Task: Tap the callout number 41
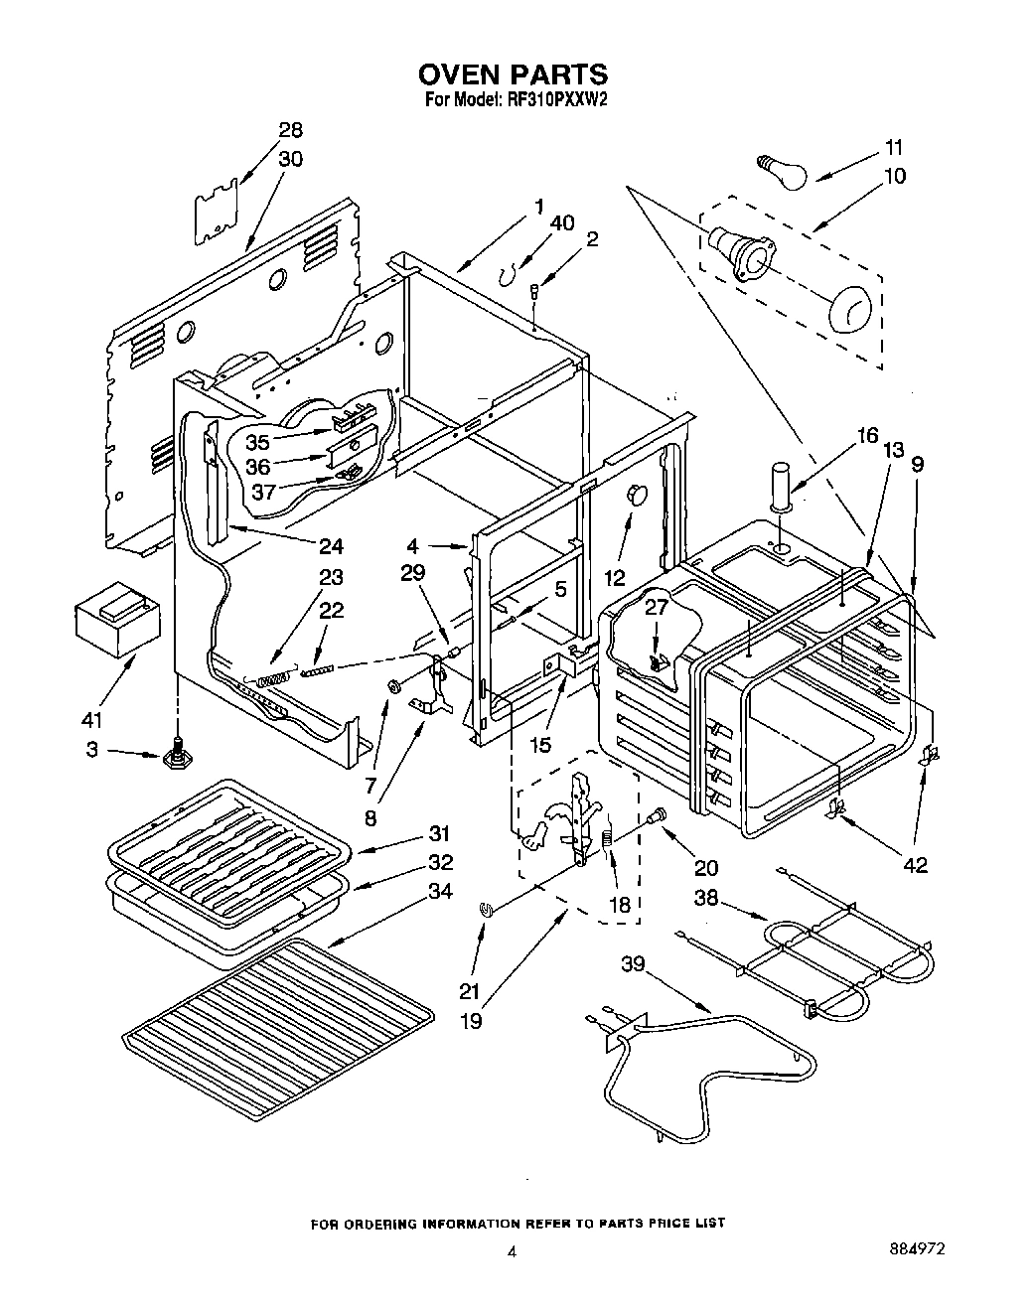[92, 719]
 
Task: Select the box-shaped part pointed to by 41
[117, 621]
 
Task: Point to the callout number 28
[290, 130]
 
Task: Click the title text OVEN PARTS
[512, 73]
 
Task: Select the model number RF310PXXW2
[557, 99]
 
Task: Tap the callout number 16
[866, 435]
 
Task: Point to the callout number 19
[470, 1019]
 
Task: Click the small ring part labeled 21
[486, 907]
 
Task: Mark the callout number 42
[914, 863]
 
